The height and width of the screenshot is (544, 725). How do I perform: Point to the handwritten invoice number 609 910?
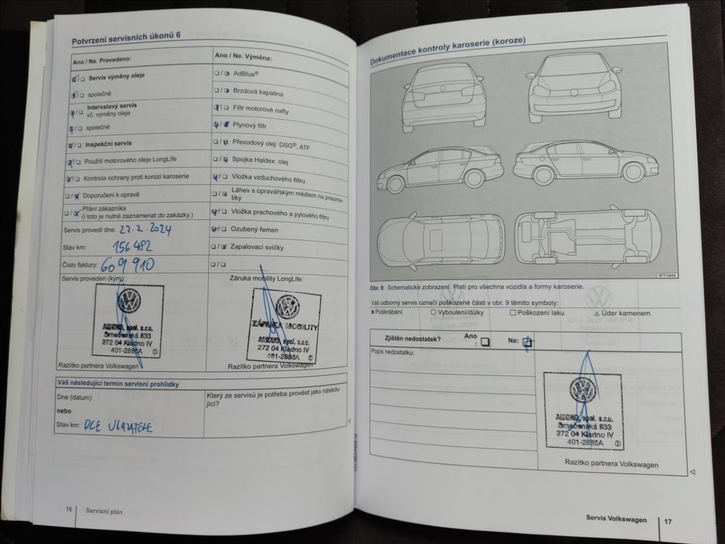(x=127, y=264)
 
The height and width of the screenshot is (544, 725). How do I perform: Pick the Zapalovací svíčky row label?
(x=257, y=247)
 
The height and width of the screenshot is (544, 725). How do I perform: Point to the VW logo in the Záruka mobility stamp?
(x=288, y=306)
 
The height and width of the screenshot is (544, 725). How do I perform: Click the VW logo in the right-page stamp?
(x=583, y=390)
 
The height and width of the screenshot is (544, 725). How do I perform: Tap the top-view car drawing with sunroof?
(x=441, y=240)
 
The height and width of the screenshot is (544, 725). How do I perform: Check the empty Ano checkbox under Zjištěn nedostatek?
(x=485, y=342)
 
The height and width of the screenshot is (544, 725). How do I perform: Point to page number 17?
(x=668, y=520)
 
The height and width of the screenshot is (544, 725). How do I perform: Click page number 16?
(x=69, y=510)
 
